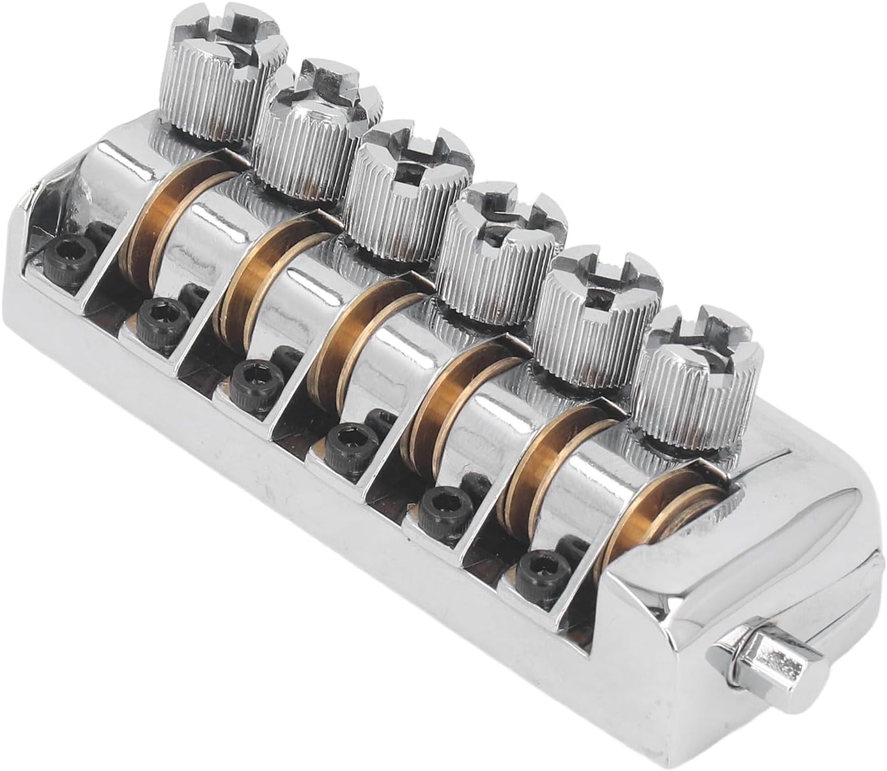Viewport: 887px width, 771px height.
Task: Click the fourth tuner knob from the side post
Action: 409,192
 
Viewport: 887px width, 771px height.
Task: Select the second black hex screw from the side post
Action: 441,503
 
